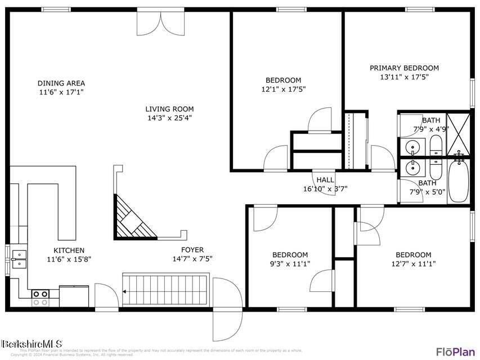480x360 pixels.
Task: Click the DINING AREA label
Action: click(61, 83)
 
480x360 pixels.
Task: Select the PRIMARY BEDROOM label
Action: click(404, 68)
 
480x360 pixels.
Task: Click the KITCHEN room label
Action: click(69, 250)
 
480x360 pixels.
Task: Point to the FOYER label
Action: click(192, 250)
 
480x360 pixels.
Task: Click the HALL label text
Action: click(325, 179)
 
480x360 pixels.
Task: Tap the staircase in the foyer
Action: click(165, 290)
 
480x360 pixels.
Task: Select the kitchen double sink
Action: click(19, 258)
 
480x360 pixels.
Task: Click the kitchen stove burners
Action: click(40, 298)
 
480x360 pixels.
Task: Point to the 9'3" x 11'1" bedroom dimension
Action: click(290, 263)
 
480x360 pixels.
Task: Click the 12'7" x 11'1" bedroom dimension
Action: click(413, 263)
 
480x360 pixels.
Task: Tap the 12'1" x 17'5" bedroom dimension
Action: click(284, 89)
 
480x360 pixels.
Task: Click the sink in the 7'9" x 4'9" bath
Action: click(411, 148)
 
